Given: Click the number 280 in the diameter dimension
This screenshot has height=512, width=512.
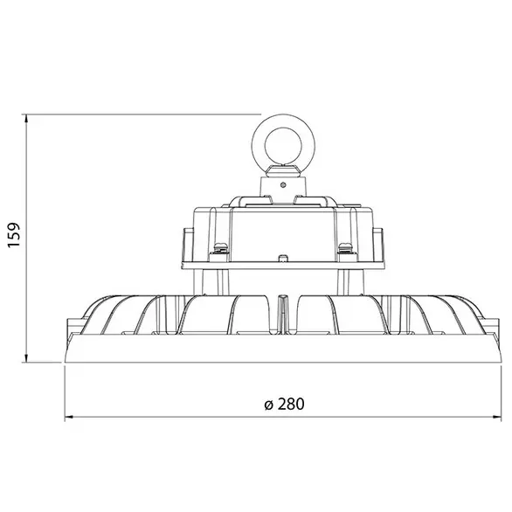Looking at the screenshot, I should coord(294,404).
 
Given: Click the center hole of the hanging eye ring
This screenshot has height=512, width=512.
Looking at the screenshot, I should coord(281,140).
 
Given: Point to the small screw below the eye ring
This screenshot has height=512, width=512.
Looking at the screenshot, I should coord(282,184).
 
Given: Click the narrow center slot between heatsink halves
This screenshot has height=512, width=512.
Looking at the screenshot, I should coord(281,313).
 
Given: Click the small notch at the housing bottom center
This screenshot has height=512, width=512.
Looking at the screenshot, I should coord(281,259).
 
